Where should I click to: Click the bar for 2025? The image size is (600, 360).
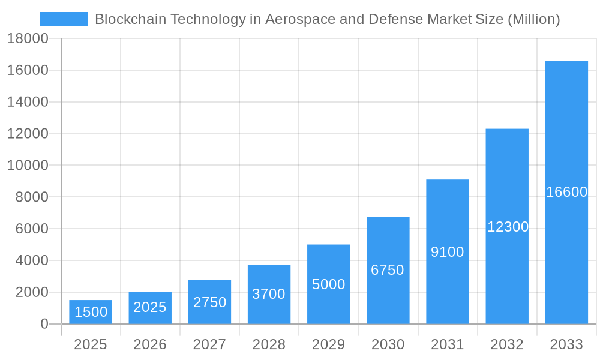click(x=90, y=312)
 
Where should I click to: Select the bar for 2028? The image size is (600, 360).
click(x=269, y=294)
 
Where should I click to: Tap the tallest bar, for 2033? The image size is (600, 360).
click(x=566, y=192)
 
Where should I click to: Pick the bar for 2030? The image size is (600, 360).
click(x=388, y=270)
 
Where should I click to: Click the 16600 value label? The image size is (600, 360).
click(x=566, y=192)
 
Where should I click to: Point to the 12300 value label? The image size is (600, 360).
click(x=508, y=227)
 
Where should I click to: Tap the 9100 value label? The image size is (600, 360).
click(x=448, y=252)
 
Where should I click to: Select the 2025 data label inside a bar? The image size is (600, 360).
click(x=150, y=307)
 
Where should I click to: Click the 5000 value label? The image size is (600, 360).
click(x=329, y=284)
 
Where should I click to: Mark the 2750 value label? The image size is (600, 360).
click(x=209, y=302)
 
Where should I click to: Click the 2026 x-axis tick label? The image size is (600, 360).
click(x=150, y=344)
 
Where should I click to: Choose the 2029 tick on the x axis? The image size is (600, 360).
click(x=329, y=344)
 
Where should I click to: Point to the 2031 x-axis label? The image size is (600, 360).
click(x=448, y=344)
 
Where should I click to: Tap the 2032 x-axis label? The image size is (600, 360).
click(x=507, y=344)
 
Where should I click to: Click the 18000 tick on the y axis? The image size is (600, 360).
click(x=28, y=39)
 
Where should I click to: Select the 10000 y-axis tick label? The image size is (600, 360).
click(x=28, y=166)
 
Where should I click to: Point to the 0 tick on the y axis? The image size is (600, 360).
click(x=44, y=324)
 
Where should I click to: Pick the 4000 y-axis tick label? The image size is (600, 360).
click(x=28, y=260)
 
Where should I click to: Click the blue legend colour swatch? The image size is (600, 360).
click(x=64, y=19)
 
